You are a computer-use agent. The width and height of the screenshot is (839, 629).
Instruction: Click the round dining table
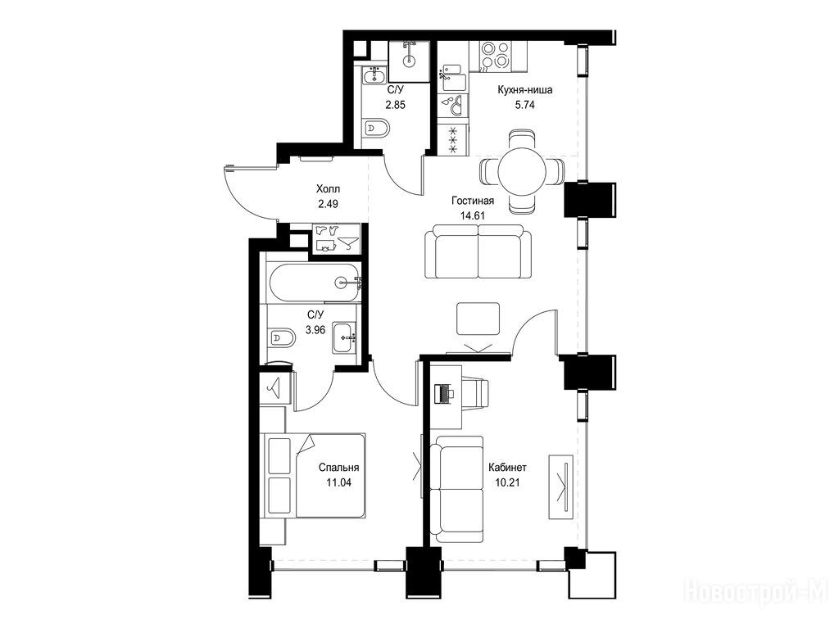522,171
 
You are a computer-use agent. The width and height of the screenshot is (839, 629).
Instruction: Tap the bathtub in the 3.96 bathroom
314,283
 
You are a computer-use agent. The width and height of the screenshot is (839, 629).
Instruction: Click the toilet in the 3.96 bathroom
282,337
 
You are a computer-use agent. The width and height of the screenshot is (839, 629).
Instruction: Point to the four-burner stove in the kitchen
496,57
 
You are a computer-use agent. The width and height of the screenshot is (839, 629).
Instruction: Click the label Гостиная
473,201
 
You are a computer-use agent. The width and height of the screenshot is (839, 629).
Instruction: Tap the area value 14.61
473,215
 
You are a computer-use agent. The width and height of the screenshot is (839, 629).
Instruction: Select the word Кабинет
507,468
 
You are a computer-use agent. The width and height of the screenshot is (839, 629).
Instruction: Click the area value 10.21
507,482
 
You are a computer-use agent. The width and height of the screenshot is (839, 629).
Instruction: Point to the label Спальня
338,468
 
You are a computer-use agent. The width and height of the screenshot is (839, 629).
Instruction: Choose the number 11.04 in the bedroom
338,482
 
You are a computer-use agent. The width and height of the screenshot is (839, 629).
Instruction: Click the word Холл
328,189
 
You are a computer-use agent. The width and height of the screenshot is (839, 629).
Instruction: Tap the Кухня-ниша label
524,90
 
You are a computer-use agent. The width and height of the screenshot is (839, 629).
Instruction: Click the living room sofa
478,251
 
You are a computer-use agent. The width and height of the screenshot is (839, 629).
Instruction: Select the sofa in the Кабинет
456,490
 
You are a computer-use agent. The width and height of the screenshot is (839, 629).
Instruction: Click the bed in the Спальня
315,476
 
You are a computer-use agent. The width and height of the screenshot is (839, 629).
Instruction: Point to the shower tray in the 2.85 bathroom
410,61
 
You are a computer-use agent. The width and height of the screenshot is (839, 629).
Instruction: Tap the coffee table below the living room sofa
478,319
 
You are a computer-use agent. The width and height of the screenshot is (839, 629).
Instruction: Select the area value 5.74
524,105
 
